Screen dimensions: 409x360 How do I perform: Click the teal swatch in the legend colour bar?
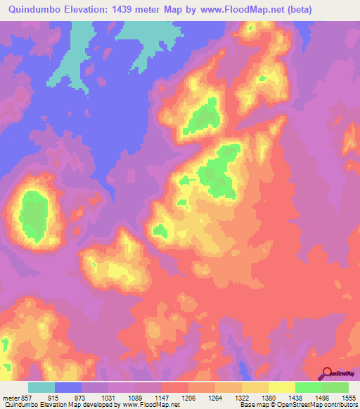coord(41,388)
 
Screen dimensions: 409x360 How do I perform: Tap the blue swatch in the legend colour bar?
coord(68,388)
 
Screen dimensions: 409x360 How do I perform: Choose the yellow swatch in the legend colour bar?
coord(282,388)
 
